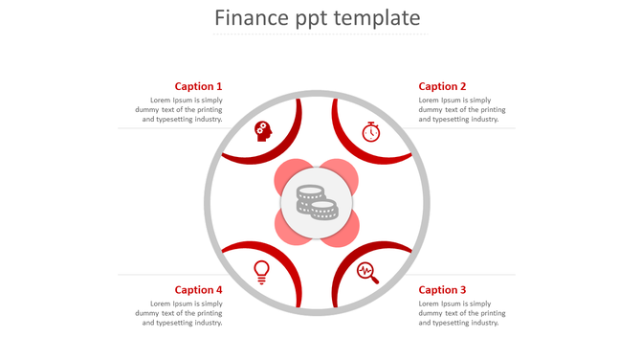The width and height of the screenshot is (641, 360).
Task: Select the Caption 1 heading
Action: (198, 86)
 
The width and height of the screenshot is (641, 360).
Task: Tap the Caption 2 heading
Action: (442, 86)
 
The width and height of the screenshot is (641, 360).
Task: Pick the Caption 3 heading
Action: (442, 290)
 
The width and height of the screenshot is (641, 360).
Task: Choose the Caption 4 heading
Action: (198, 290)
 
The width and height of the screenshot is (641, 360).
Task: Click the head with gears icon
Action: (263, 131)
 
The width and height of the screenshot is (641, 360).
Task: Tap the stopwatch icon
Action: (371, 132)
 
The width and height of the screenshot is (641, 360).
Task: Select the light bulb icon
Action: (261, 272)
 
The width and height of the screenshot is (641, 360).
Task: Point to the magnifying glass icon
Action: (367, 273)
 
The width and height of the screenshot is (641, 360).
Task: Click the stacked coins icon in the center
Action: (317, 201)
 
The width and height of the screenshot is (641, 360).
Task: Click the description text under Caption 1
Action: (182, 110)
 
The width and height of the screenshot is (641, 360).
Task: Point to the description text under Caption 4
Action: (182, 314)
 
